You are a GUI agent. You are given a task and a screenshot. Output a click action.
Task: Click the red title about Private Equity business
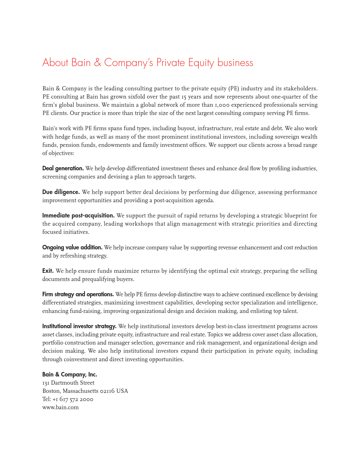148,63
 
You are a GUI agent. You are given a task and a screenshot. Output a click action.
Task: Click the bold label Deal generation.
63,169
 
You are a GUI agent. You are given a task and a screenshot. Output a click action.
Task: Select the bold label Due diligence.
61,192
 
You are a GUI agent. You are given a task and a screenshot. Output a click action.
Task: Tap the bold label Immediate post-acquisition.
78,216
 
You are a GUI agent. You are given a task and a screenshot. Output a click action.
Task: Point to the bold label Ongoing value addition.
72,248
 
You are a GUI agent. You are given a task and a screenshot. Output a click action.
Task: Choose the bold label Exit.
48,271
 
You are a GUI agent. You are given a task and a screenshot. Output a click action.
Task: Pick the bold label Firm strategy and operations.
78,295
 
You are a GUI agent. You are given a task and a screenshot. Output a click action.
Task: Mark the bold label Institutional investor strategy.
79,326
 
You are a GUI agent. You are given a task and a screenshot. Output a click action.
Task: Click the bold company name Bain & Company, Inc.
70,375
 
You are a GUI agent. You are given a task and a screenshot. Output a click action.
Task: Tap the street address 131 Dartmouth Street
68,383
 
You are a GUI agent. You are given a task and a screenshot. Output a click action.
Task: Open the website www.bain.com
60,408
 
